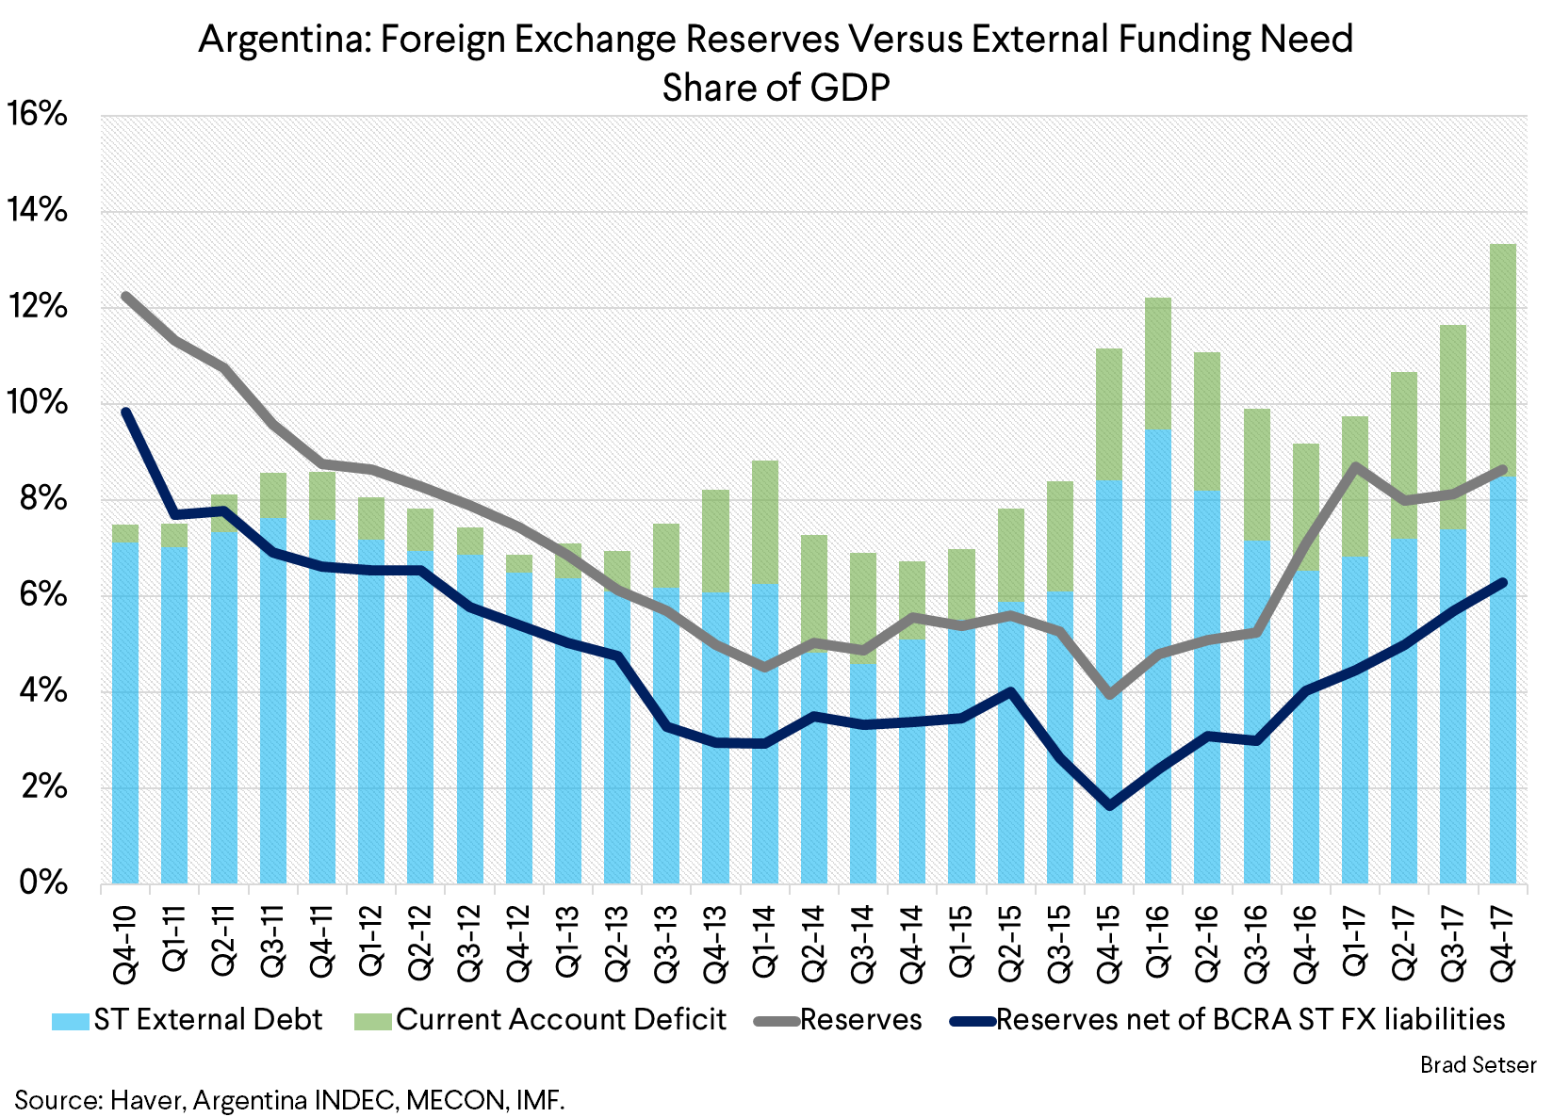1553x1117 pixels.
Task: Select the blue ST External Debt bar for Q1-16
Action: click(1157, 659)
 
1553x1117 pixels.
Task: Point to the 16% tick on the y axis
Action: click(38, 115)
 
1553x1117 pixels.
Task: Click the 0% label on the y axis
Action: click(43, 883)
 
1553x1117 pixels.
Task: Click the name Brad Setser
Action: click(1478, 1065)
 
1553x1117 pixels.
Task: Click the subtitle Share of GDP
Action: click(776, 88)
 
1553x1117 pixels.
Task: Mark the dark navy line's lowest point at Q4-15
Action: click(1109, 806)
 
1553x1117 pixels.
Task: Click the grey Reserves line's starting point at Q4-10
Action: click(126, 297)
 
